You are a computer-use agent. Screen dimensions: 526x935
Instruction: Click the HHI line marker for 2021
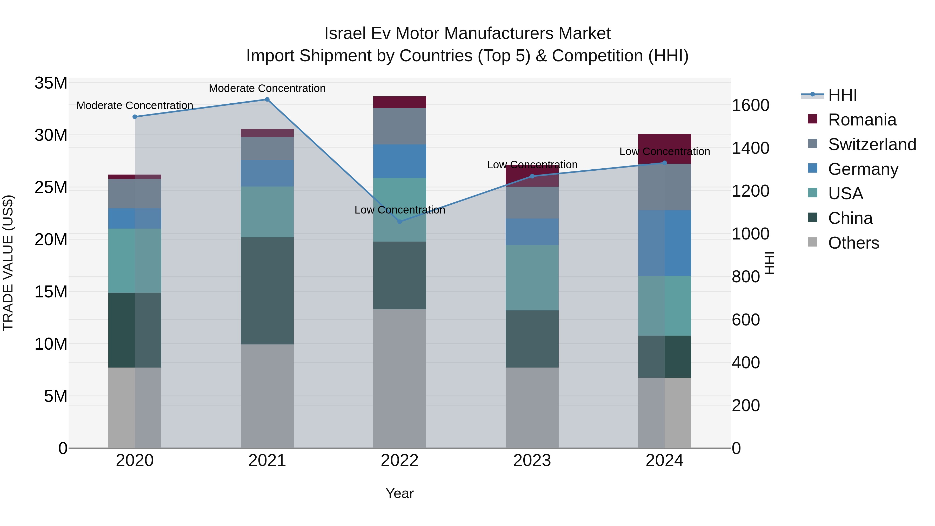(267, 99)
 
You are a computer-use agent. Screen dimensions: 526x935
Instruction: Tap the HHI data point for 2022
(400, 221)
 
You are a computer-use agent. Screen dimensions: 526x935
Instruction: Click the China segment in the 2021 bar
(267, 290)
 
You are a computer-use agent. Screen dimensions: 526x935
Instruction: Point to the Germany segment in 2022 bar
(400, 161)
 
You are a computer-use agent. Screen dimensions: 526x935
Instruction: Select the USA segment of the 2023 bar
(532, 277)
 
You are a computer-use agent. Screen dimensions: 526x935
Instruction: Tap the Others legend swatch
(813, 242)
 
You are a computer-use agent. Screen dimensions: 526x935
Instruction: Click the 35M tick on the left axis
(51, 83)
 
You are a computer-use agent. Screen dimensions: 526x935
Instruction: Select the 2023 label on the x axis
(532, 461)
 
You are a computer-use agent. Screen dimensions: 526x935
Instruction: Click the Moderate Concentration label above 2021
(267, 88)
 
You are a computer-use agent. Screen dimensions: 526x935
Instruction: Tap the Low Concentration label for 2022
(400, 210)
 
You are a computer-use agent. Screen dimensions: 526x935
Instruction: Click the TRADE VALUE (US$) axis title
(8, 263)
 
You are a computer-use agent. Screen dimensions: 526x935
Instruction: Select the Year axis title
(400, 493)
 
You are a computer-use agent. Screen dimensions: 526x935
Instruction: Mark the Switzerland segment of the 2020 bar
(135, 194)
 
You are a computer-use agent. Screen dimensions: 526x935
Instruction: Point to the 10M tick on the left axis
(51, 344)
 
